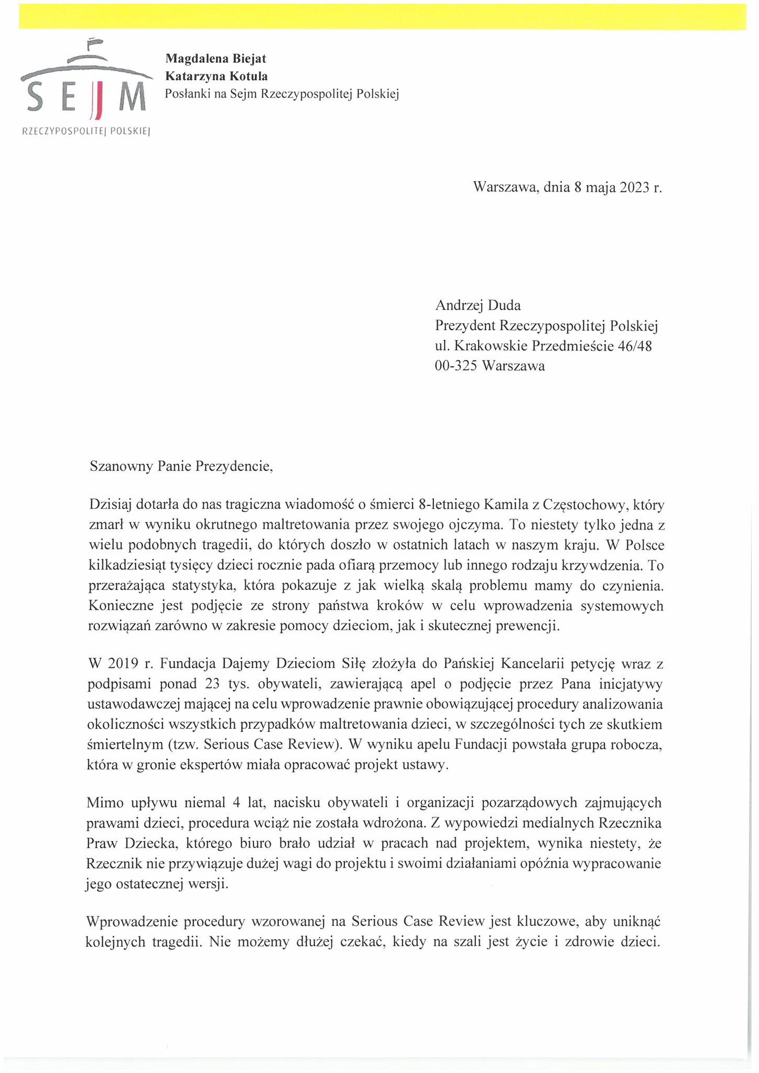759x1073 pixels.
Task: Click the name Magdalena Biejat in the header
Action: [215, 59]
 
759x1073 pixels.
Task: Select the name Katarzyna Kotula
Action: [216, 76]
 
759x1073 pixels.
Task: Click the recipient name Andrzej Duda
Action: [478, 305]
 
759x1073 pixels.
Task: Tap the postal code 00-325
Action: [456, 366]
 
